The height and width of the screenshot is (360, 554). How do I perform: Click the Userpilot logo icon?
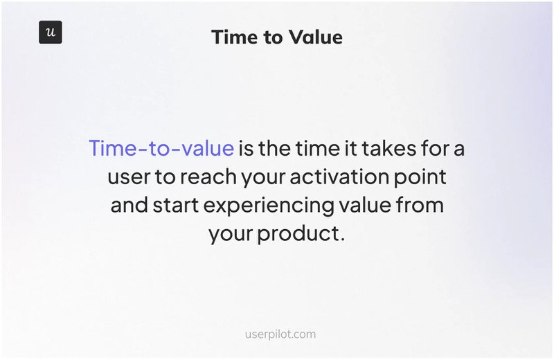50,33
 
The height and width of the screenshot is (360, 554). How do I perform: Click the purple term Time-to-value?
161,149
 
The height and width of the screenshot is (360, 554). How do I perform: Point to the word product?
301,234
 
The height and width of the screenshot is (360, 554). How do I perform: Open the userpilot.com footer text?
280,334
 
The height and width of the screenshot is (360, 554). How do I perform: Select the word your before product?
231,234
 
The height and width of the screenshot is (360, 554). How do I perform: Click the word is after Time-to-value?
246,149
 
